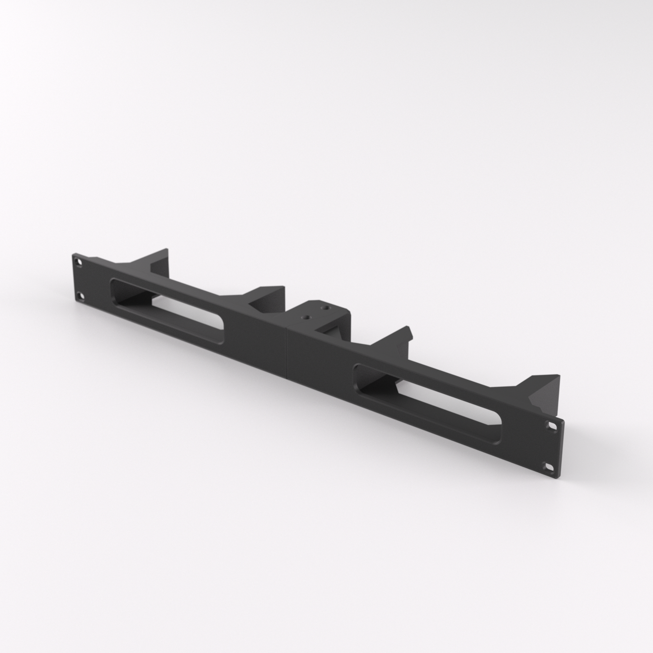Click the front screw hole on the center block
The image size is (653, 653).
pos(307,316)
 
